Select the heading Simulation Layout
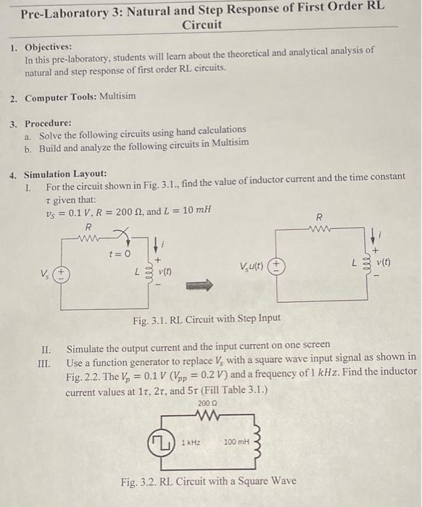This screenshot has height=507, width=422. coord(65,175)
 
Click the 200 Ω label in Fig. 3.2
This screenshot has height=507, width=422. coord(207,401)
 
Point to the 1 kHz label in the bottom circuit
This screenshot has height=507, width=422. coord(191,441)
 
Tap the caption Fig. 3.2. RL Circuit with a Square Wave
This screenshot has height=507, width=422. coord(208,480)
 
